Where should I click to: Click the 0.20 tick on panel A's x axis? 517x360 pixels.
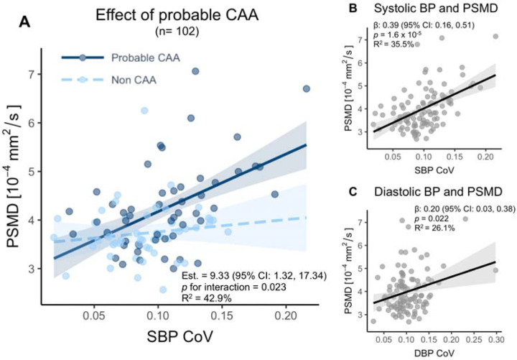(x=287, y=315)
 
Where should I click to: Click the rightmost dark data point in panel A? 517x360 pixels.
(x=307, y=88)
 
